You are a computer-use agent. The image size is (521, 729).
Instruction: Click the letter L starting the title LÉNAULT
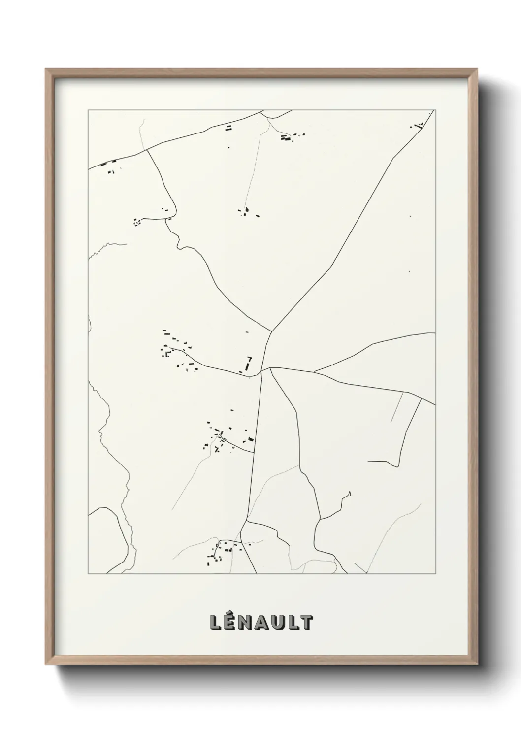[x=215, y=622]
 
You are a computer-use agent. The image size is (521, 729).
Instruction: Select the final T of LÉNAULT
[x=306, y=622]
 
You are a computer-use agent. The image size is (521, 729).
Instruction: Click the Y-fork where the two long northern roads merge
[x=272, y=331]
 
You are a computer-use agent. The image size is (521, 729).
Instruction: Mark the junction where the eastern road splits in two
[x=314, y=371]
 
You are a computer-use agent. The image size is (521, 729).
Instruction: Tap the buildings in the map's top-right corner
[x=419, y=125]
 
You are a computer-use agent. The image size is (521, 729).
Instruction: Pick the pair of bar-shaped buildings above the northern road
[x=228, y=128]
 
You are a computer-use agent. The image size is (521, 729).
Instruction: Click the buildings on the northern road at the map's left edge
[x=108, y=166]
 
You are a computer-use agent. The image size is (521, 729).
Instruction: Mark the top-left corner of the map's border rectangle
[x=88, y=110]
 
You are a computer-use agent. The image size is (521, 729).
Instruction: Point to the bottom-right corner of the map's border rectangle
[x=435, y=574]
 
